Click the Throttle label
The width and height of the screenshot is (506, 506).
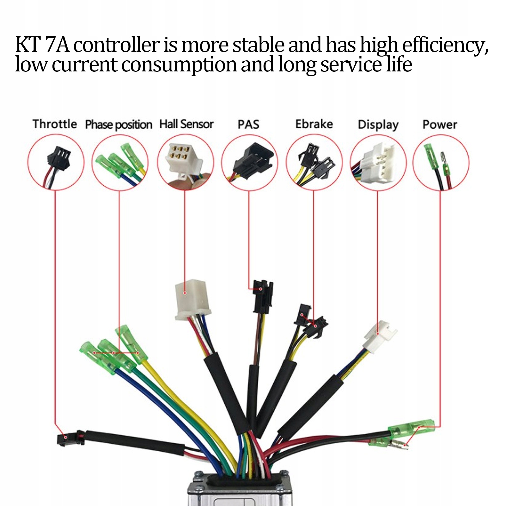(55, 124)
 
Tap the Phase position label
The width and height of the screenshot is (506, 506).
(119, 125)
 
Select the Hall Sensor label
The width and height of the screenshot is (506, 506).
(186, 124)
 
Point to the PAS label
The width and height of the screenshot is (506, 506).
(248, 125)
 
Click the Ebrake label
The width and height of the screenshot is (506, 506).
(314, 124)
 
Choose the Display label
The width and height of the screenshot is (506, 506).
(378, 125)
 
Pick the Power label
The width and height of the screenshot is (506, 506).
(440, 125)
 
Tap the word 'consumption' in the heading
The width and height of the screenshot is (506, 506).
(179, 65)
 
